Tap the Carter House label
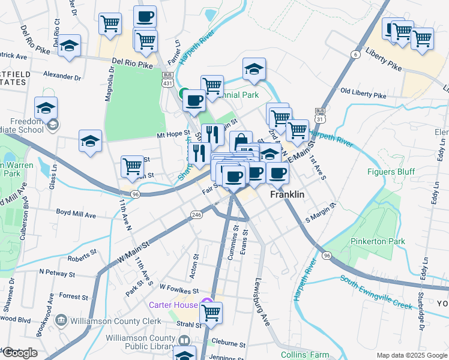[173, 305]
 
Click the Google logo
[20, 353]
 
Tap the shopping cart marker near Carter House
[211, 312]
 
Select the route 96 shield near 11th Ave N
[136, 194]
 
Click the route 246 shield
[196, 215]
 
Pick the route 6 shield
[355, 55]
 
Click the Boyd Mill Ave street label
[76, 214]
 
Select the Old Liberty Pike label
[363, 95]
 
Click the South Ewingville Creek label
[376, 292]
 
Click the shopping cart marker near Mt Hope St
[132, 166]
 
